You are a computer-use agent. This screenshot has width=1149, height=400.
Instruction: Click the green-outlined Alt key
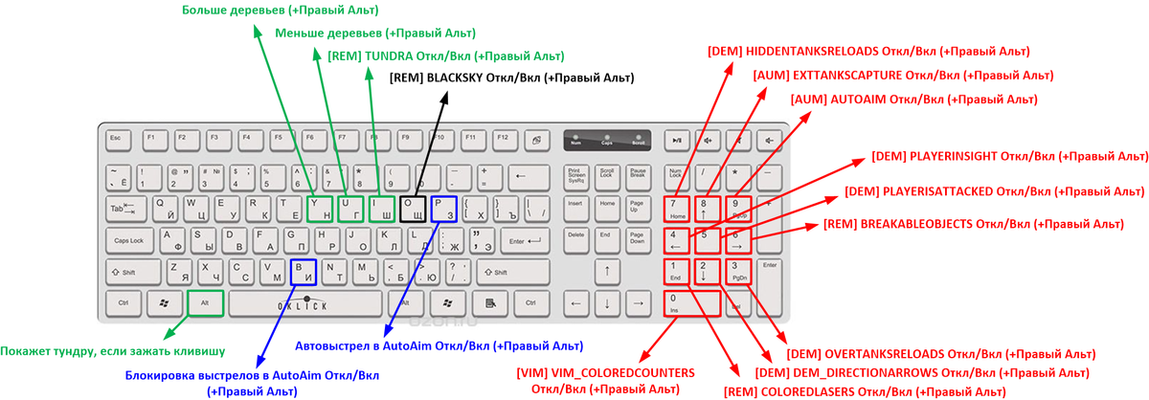click(x=206, y=303)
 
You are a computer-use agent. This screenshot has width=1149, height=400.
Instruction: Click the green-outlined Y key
click(x=320, y=209)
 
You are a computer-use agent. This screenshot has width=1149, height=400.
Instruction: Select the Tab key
click(x=123, y=209)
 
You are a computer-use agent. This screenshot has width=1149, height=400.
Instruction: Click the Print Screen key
click(x=576, y=176)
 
